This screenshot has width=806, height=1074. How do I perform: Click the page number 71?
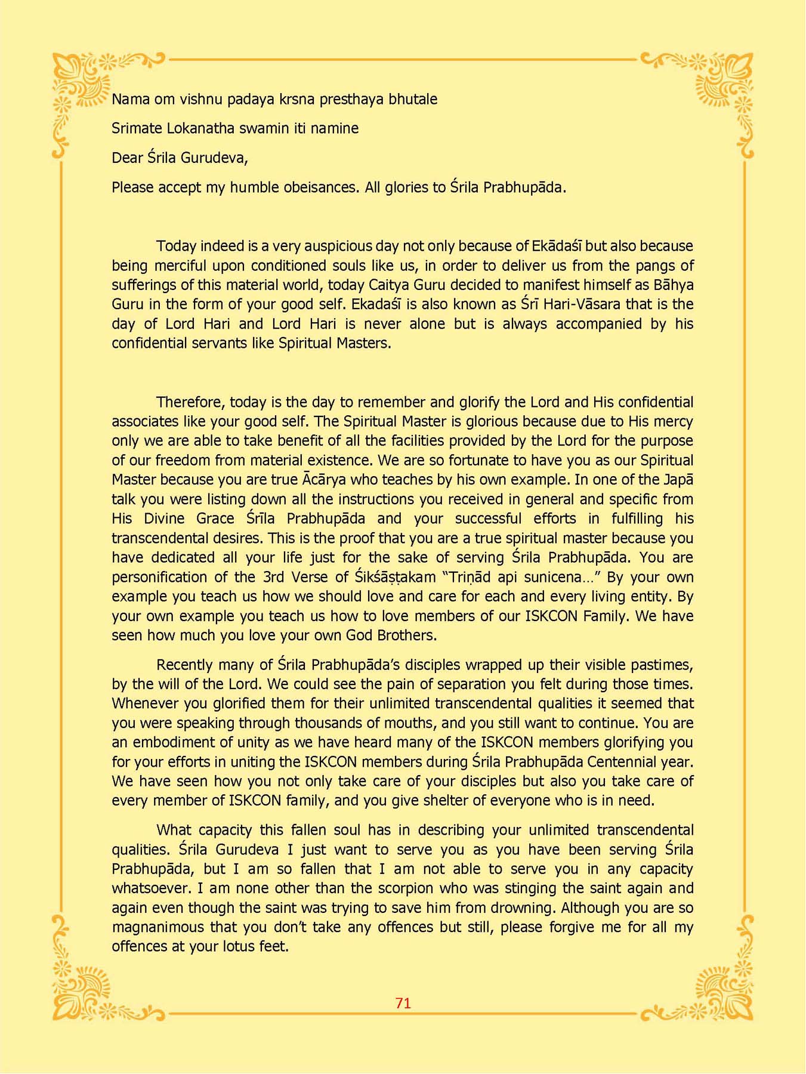pyautogui.click(x=403, y=1003)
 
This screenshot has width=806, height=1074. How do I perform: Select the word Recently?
pyautogui.click(x=184, y=665)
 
